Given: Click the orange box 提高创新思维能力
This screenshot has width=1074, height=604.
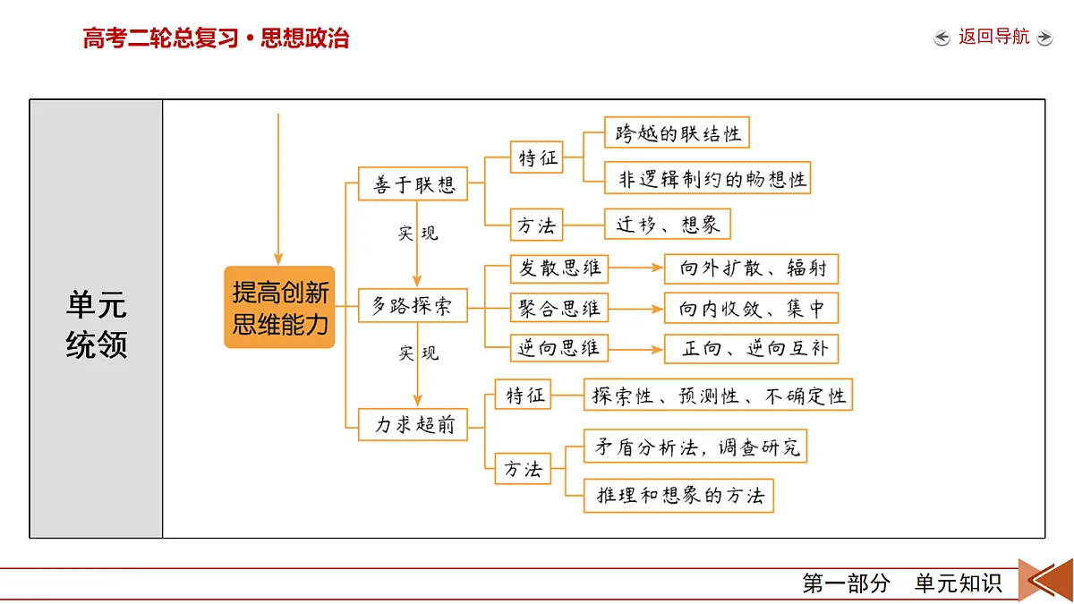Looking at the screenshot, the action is (x=279, y=307).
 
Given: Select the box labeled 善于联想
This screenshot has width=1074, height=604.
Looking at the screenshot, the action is (x=413, y=183).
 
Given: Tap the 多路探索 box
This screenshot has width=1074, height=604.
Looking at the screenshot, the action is (x=413, y=305).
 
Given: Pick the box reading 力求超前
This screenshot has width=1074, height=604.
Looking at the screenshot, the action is (x=413, y=424).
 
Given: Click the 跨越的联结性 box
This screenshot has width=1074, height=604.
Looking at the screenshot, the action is (x=677, y=132).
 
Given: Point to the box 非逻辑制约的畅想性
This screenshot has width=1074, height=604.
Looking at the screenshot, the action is (x=707, y=178).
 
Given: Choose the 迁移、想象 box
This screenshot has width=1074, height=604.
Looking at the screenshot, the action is (x=668, y=224).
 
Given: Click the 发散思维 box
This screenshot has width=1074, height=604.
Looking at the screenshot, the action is (x=559, y=268).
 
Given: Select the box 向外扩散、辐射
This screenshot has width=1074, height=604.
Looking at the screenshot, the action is (x=751, y=269).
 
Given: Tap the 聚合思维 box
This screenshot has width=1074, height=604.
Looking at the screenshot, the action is (x=559, y=308).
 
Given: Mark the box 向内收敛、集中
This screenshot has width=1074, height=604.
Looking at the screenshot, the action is (x=751, y=308).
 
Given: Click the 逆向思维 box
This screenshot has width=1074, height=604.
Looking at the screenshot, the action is (x=559, y=348).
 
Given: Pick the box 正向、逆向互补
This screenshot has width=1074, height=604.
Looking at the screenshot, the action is (x=751, y=348).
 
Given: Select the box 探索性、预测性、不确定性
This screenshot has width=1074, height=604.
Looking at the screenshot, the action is (x=718, y=395).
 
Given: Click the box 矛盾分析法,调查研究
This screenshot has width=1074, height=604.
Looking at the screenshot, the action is (x=695, y=447).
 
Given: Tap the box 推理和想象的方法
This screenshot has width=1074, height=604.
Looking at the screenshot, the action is (x=678, y=496).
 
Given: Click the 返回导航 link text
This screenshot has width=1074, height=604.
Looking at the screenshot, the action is (x=994, y=37).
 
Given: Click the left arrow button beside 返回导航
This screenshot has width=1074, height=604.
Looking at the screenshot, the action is (x=942, y=38).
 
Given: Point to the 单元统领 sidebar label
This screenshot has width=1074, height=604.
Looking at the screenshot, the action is (x=97, y=324).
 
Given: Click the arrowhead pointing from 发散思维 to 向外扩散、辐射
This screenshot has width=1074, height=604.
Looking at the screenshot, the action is (x=657, y=268).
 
